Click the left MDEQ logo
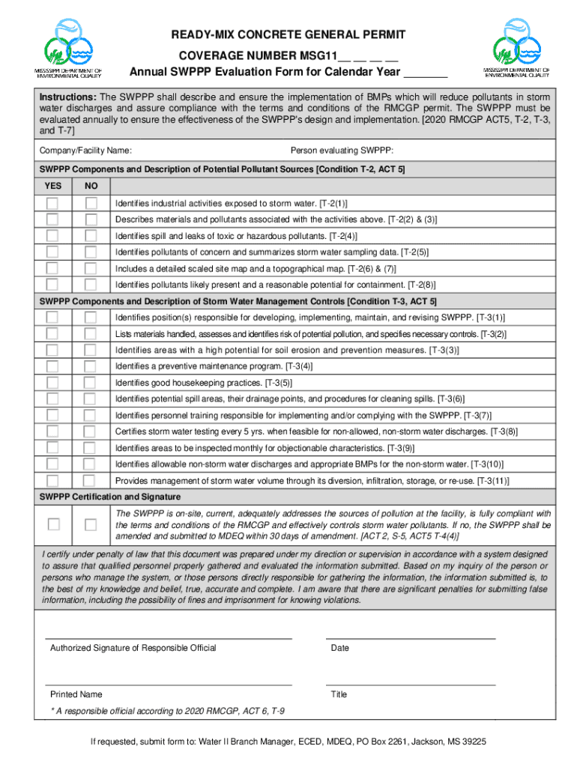click(x=67, y=48)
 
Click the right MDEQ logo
click(x=516, y=48)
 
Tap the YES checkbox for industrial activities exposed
click(x=52, y=203)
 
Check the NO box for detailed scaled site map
click(x=91, y=268)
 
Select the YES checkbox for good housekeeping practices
click(x=52, y=383)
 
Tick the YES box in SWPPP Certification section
click(x=53, y=524)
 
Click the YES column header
click(x=53, y=186)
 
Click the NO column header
click(x=91, y=186)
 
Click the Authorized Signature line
click(x=169, y=637)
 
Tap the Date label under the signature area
click(x=339, y=648)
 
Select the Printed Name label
click(x=76, y=694)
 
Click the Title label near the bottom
click(x=339, y=694)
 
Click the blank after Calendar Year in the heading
click(x=425, y=73)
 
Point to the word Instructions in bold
click(x=67, y=97)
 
